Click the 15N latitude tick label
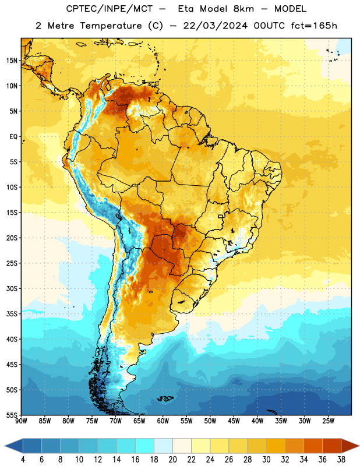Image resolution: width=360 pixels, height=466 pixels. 12,61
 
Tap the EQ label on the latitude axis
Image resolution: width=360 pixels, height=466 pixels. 13,137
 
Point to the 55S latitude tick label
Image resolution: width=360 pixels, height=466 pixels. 12,415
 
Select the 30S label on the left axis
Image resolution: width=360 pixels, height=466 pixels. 12,288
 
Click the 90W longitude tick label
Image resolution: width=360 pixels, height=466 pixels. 21,421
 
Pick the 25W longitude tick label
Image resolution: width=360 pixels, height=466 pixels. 328,421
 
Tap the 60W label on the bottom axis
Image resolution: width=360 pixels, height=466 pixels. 163,421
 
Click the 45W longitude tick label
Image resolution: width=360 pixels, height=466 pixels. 234,421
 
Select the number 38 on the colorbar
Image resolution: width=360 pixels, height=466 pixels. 341,460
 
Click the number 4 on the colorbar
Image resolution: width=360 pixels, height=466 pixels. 23,460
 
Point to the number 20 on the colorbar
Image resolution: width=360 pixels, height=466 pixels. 172,460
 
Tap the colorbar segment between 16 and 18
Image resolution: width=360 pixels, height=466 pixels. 144,446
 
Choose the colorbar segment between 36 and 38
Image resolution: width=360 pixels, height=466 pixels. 332,446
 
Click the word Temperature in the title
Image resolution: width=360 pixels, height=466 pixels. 111,26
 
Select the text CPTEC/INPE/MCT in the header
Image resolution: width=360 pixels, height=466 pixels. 109,9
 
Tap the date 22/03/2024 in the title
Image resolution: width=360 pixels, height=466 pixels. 216,26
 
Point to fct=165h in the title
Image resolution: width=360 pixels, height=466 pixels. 314,26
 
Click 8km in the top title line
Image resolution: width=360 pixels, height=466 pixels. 243,9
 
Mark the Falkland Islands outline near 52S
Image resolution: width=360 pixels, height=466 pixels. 165,398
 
